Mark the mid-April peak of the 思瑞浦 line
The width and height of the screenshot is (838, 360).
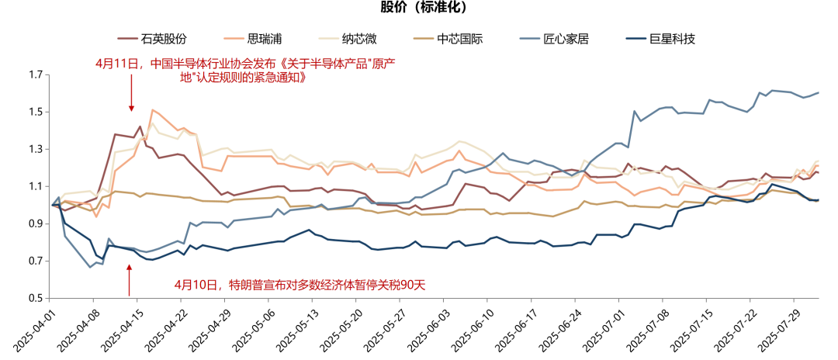click(152, 110)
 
